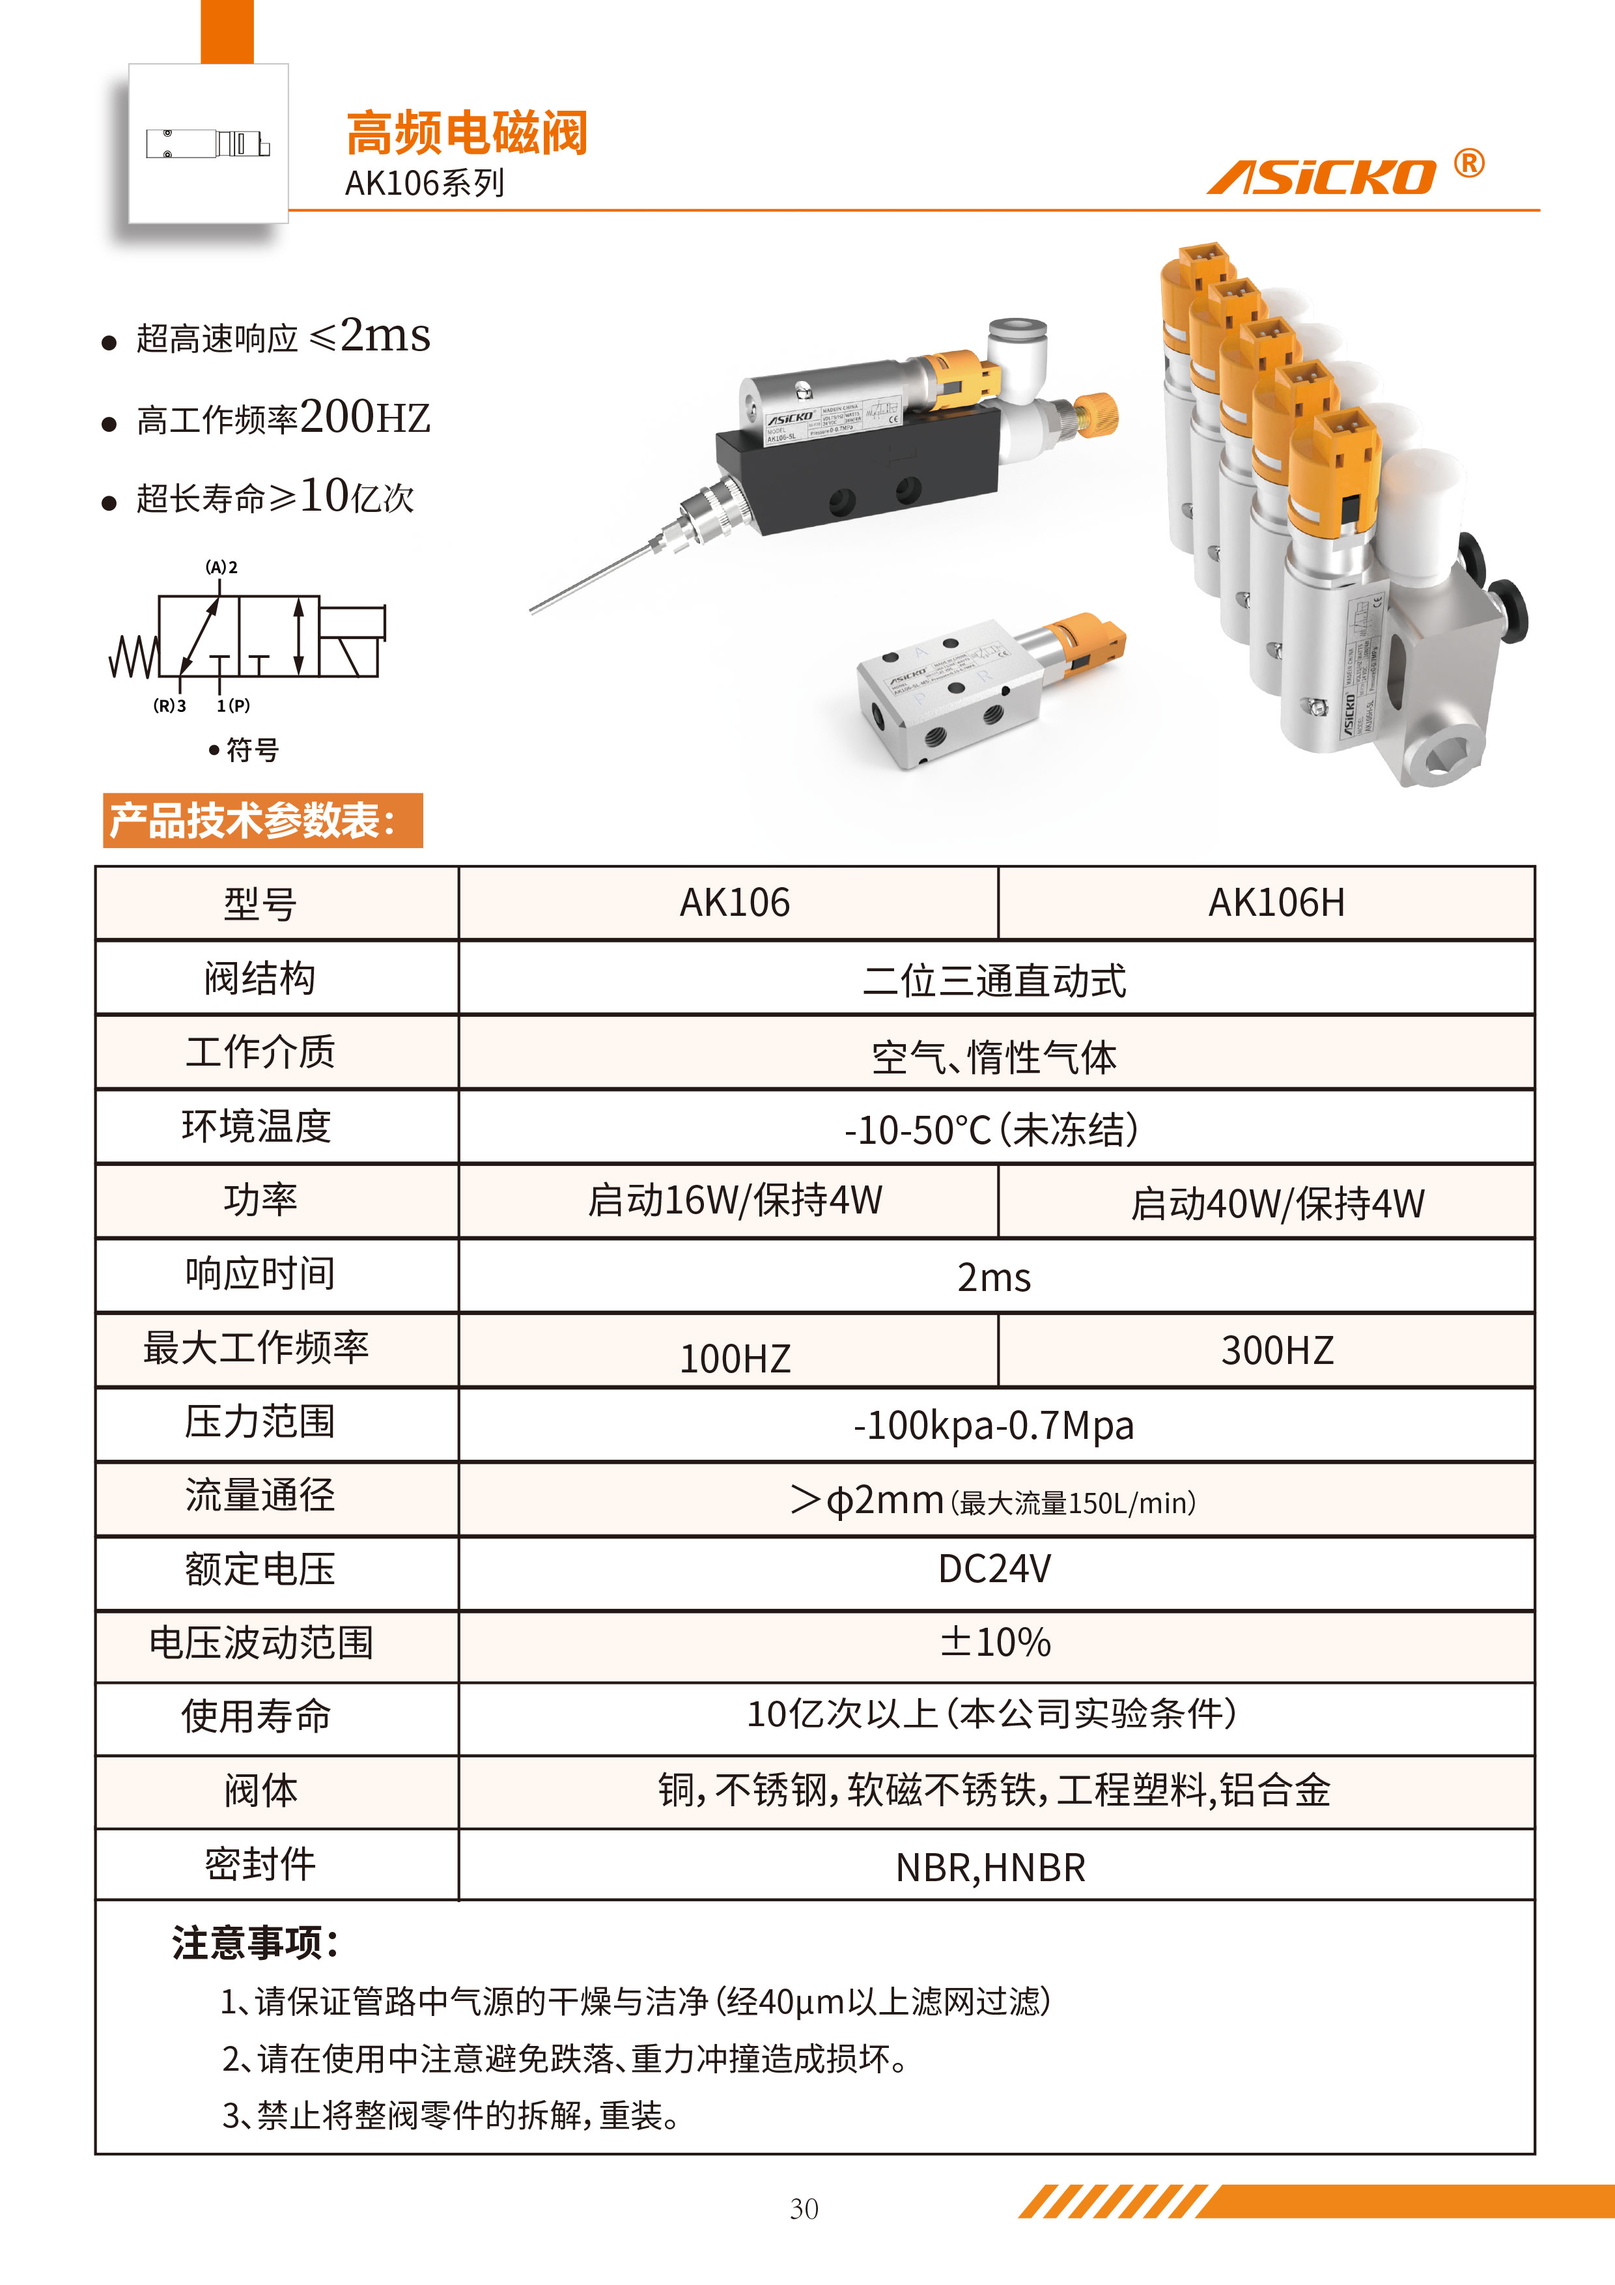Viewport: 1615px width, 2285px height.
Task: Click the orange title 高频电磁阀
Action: [467, 134]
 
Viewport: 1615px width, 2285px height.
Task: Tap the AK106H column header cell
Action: [1276, 903]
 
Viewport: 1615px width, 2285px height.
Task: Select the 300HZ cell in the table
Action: [1276, 1350]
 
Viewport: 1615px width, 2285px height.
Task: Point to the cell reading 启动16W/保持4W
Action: [735, 1200]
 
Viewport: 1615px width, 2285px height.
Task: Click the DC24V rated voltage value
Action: [994, 1568]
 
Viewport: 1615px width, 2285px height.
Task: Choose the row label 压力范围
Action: [260, 1421]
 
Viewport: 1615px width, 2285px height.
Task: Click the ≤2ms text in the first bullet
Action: [370, 335]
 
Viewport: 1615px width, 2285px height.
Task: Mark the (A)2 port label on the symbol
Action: [221, 567]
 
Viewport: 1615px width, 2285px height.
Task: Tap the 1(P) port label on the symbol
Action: [233, 705]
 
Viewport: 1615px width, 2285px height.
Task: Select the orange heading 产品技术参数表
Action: [254, 820]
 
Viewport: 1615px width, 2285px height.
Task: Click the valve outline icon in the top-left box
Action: [208, 145]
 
